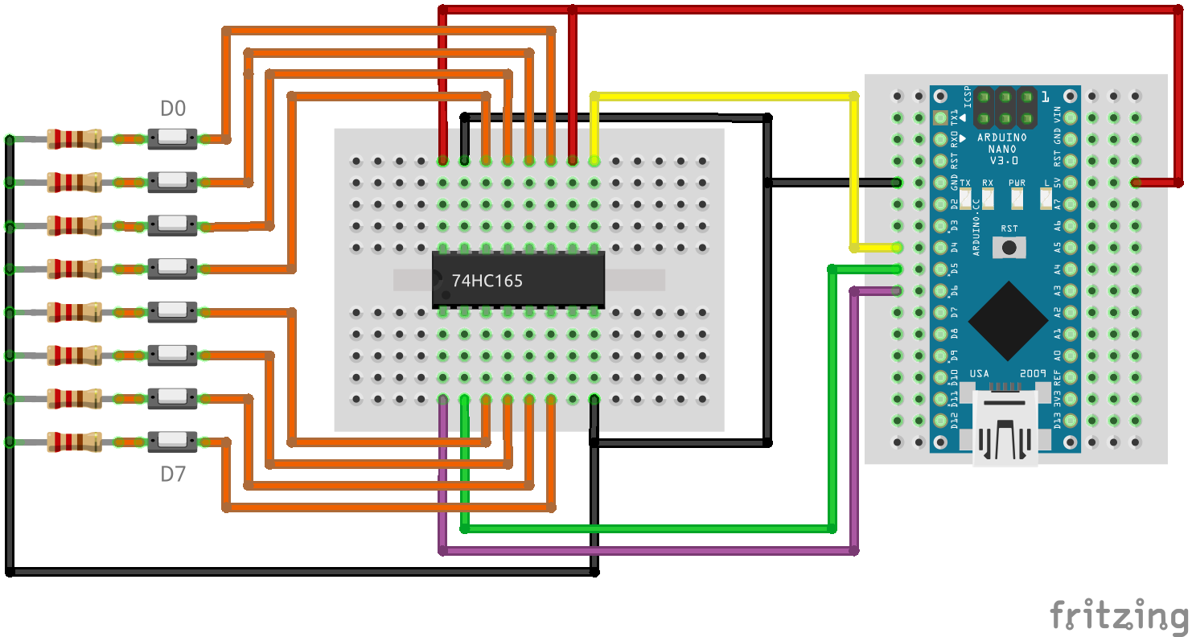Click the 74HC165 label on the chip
pyautogui.click(x=487, y=281)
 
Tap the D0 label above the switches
pyautogui.click(x=173, y=109)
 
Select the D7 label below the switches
pyautogui.click(x=173, y=475)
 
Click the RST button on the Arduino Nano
pyautogui.click(x=1009, y=246)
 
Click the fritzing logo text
pyautogui.click(x=1119, y=616)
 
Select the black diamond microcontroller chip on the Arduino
pyautogui.click(x=1009, y=320)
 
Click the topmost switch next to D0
pyautogui.click(x=172, y=139)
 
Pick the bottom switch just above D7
pyautogui.click(x=172, y=442)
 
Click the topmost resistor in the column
pyautogui.click(x=74, y=139)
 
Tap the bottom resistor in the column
pyautogui.click(x=74, y=442)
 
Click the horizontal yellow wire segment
pyautogui.click(x=724, y=97)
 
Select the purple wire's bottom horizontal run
pyautogui.click(x=643, y=551)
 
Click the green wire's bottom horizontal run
pyautogui.click(x=643, y=528)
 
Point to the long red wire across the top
pyautogui.click(x=804, y=10)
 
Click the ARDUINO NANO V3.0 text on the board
pyautogui.click(x=1001, y=149)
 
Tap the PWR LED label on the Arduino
pyautogui.click(x=1017, y=183)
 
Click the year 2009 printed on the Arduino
pyautogui.click(x=1032, y=374)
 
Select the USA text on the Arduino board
pyautogui.click(x=979, y=374)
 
